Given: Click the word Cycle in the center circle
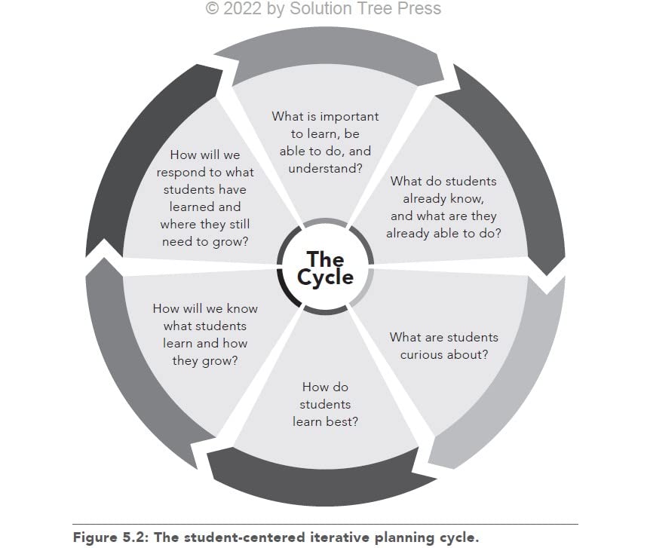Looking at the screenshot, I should tap(325, 277).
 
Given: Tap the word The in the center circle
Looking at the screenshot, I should tap(325, 259).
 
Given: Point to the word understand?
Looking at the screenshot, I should tap(325, 168).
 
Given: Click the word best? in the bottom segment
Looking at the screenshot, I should tap(341, 421).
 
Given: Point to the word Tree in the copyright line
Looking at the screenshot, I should tap(379, 9).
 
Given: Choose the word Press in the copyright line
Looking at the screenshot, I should tap(419, 9).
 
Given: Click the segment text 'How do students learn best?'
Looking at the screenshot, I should tap(325, 404).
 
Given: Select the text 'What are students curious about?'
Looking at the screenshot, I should tap(443, 346).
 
